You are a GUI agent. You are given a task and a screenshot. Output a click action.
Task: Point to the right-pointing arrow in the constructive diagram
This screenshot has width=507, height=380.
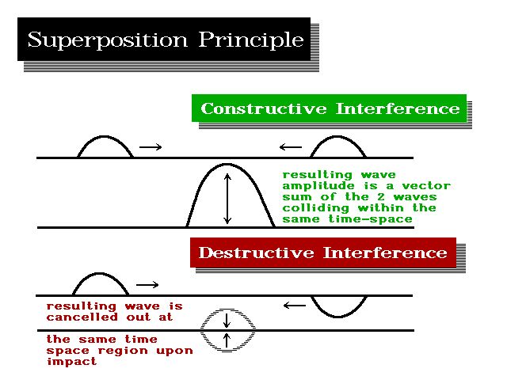(151, 146)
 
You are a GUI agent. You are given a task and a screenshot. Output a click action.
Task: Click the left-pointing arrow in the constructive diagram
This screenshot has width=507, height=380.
(291, 146)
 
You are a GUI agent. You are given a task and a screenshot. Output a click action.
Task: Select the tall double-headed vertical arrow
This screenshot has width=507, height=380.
(228, 197)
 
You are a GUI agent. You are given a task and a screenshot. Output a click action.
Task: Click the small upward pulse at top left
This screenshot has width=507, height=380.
(105, 146)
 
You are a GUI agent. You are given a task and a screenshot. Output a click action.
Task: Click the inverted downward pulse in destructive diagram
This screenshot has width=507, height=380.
(338, 306)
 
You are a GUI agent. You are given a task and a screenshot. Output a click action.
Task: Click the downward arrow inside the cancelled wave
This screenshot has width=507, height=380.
(227, 320)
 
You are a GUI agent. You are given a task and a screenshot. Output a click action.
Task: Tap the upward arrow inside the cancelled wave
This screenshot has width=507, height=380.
(227, 340)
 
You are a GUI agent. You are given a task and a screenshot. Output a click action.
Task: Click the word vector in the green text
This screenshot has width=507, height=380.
(425, 186)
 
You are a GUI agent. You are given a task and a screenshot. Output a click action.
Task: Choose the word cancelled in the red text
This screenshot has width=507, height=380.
(80, 317)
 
